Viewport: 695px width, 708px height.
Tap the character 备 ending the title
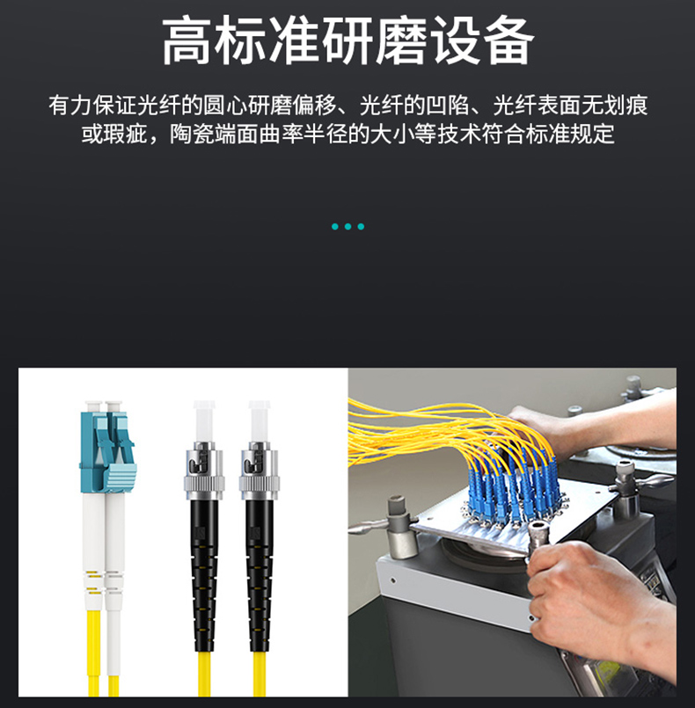509,41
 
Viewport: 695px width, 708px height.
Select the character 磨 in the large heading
402,41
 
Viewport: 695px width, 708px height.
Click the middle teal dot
347,227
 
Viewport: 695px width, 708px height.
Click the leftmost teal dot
334,227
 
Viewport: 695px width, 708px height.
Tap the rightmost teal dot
361,227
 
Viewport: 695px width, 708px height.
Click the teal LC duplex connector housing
107,450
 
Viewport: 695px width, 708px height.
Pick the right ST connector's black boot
260,574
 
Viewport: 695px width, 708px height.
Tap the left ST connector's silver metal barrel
204,471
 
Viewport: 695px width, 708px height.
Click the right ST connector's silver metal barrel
259,471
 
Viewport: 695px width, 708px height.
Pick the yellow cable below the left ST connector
204,674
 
